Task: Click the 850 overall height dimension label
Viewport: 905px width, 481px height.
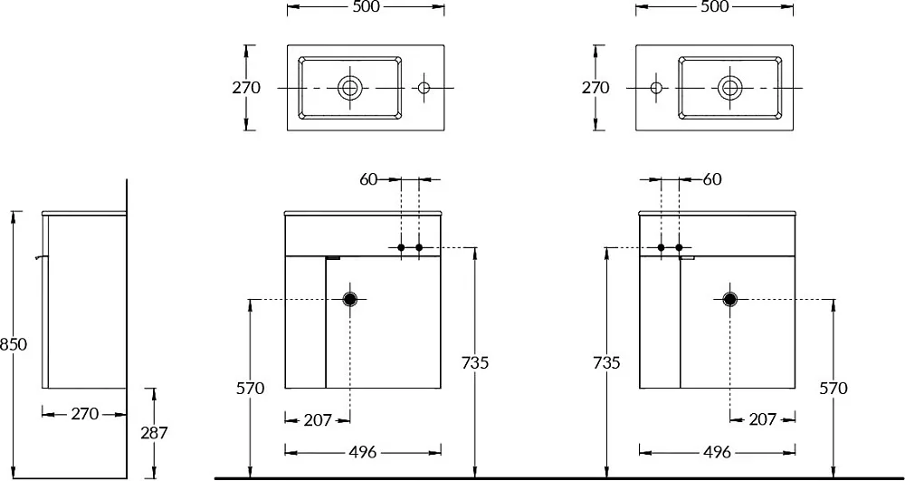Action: [14, 344]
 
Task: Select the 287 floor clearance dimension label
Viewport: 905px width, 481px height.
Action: [154, 432]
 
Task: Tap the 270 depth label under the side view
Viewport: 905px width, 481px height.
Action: [84, 413]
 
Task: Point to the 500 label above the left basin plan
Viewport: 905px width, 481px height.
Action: [366, 7]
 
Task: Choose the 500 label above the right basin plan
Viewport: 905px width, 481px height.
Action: [715, 7]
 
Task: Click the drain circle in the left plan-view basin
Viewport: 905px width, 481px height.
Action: [349, 88]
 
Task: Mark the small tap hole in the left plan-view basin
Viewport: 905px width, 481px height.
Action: [424, 88]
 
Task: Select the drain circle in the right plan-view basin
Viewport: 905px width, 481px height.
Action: [730, 88]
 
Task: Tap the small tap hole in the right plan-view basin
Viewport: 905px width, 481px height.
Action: [656, 88]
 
